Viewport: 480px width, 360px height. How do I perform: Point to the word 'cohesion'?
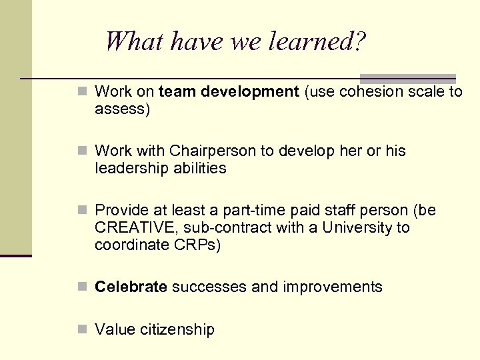coord(369,91)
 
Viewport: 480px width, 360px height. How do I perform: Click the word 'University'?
coord(357,228)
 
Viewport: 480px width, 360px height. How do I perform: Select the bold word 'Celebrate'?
coord(131,287)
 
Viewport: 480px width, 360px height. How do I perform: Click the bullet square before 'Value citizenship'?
coord(81,329)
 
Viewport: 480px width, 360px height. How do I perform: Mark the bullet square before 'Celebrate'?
coord(81,287)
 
